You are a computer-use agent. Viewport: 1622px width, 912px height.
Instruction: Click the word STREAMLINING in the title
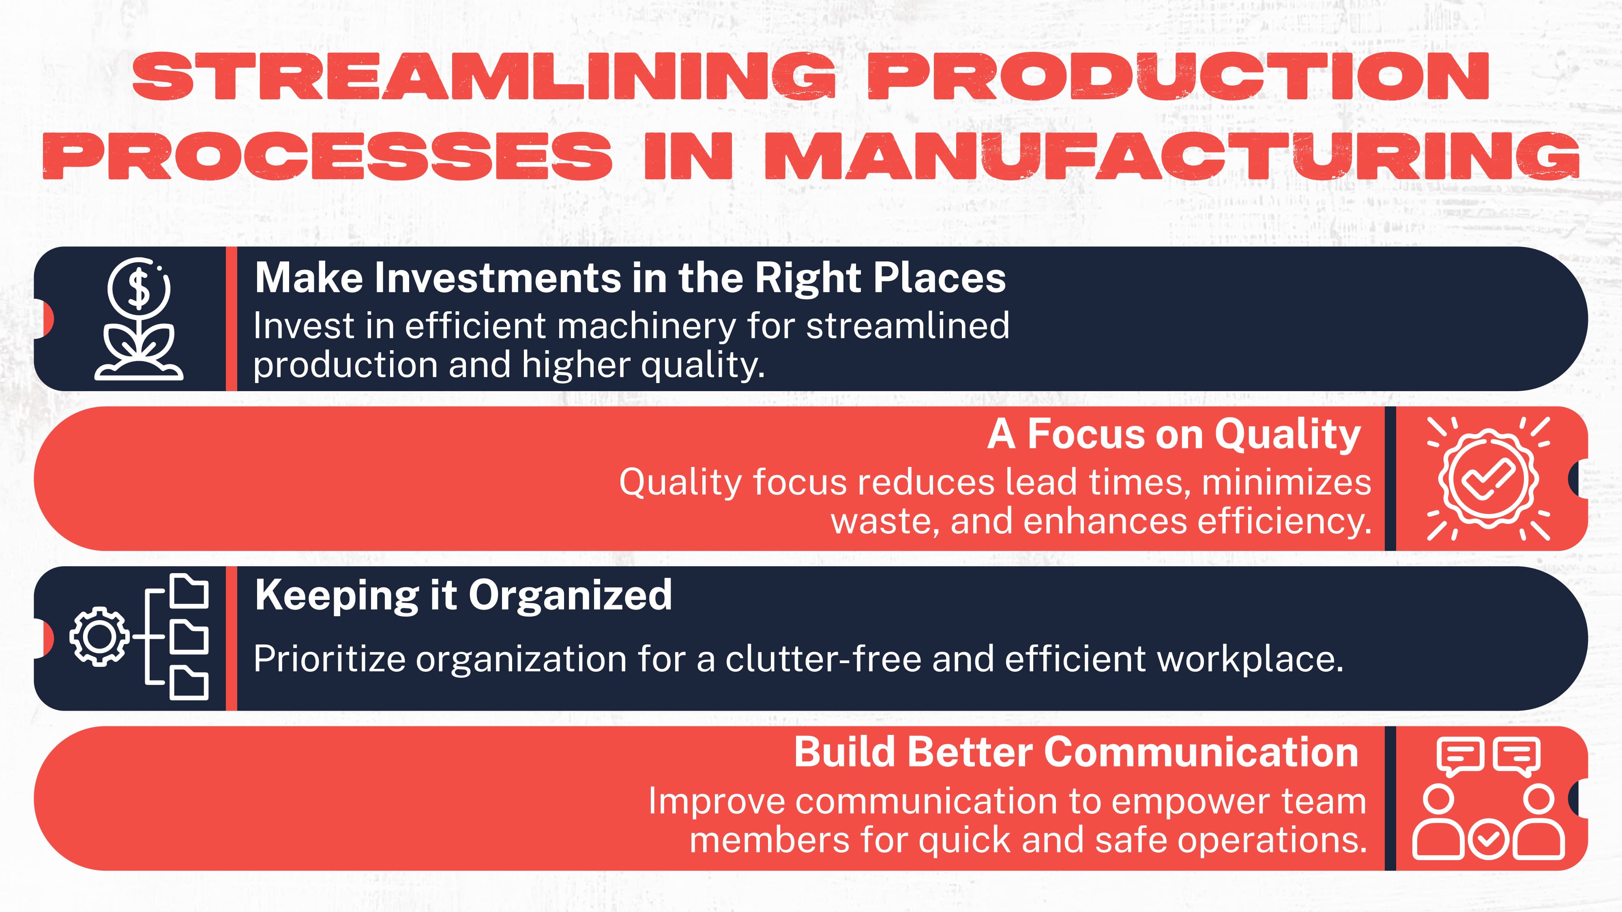(x=484, y=77)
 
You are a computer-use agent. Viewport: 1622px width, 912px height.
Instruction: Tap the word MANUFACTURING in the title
(x=1171, y=156)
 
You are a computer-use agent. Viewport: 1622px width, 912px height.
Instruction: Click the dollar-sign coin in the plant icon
(x=139, y=287)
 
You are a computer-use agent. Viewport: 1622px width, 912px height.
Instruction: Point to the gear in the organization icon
(x=99, y=636)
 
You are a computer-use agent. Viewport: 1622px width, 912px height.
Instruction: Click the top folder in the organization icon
(x=189, y=592)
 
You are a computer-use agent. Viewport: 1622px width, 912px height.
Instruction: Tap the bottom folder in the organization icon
(x=189, y=683)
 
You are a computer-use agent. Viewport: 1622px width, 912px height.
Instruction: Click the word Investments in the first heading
(x=498, y=278)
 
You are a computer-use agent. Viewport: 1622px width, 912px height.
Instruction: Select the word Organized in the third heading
(x=570, y=595)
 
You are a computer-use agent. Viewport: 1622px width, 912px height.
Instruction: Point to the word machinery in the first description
(x=646, y=326)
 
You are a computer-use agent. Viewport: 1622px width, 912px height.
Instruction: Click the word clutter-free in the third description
(x=823, y=659)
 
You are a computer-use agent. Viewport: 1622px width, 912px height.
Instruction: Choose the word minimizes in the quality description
(x=1286, y=482)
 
